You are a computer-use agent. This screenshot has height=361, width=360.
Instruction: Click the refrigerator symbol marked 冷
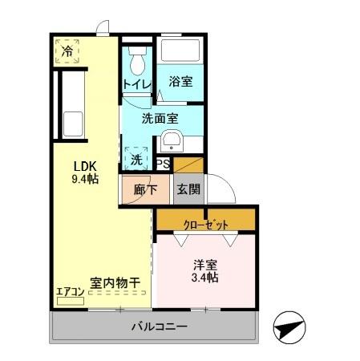point(67,51)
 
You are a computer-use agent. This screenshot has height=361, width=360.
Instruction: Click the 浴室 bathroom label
point(180,82)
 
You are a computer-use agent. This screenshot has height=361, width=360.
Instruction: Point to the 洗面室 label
point(160,118)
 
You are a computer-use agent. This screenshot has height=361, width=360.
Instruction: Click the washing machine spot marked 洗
point(136,159)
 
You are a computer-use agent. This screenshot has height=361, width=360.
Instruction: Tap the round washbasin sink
point(172,144)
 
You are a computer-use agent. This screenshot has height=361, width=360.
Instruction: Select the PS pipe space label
point(163,164)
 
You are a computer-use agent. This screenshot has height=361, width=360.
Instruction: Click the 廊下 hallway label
point(136,189)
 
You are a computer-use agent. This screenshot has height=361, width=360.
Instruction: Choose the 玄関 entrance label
point(188,189)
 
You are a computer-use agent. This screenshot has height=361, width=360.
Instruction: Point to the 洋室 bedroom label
point(205,264)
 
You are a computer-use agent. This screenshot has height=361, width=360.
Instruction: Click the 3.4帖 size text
point(205,278)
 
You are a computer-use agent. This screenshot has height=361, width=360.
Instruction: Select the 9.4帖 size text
point(85,179)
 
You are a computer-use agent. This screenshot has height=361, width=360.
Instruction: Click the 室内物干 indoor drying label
point(115,282)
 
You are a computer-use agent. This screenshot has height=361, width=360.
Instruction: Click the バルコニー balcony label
point(160,327)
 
